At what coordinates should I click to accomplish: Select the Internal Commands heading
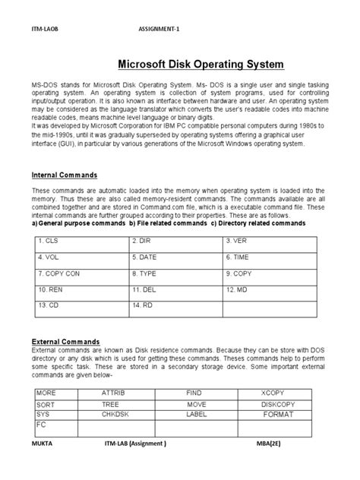coord(65,175)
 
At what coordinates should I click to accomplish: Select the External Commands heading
coord(65,340)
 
